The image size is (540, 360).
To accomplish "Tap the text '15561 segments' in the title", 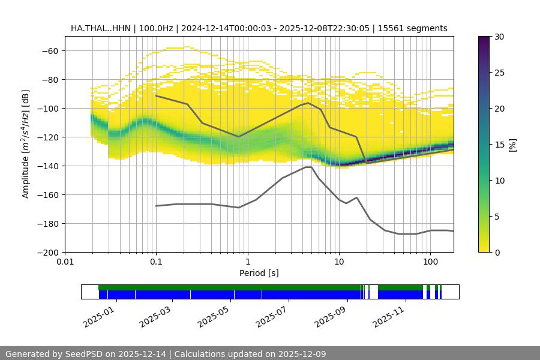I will [x=417, y=28].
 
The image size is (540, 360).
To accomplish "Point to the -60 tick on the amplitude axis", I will [x=49, y=50].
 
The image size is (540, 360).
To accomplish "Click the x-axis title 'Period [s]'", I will [x=259, y=274].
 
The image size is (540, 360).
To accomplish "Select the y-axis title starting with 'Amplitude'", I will [x=25, y=144].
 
